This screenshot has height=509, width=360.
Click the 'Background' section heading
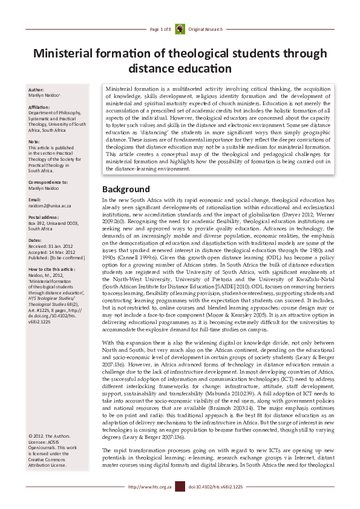(x=125, y=189)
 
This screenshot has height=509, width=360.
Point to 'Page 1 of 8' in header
(x=160, y=28)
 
